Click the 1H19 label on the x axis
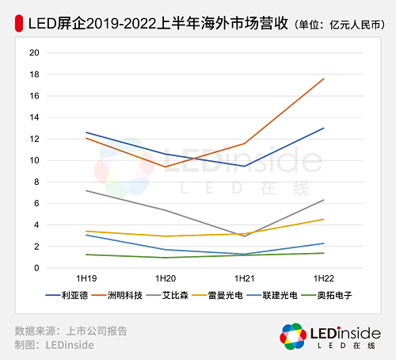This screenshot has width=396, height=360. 86,278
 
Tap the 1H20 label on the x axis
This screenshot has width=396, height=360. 166,278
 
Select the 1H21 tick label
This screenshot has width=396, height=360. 245,278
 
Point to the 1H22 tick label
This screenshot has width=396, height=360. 324,278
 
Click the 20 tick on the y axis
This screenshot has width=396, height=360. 33,53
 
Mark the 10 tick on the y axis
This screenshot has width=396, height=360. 33,160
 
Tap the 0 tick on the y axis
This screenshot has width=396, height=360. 36,268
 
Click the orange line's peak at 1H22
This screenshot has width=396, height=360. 324,79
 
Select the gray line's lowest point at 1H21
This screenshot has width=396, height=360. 245,236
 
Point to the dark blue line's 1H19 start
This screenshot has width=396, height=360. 86,132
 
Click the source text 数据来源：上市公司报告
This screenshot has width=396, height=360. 70,331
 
